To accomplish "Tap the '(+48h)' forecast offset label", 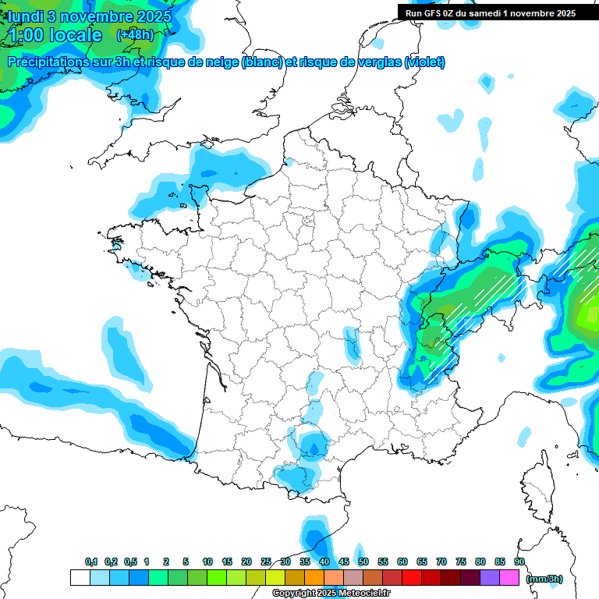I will tap(136, 35).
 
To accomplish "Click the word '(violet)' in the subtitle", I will tap(425, 62).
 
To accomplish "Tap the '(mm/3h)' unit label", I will tap(545, 578).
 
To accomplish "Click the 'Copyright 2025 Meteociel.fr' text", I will tap(331, 594).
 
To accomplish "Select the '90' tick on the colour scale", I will tap(519, 562).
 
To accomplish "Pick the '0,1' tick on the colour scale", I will tap(91, 562).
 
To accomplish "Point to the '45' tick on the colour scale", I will tap(344, 562).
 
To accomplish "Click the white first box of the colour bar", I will tap(80, 578).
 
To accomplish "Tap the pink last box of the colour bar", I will tap(509, 578).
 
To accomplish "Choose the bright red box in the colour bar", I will tap(412, 578).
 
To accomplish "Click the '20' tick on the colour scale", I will tap(246, 562).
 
